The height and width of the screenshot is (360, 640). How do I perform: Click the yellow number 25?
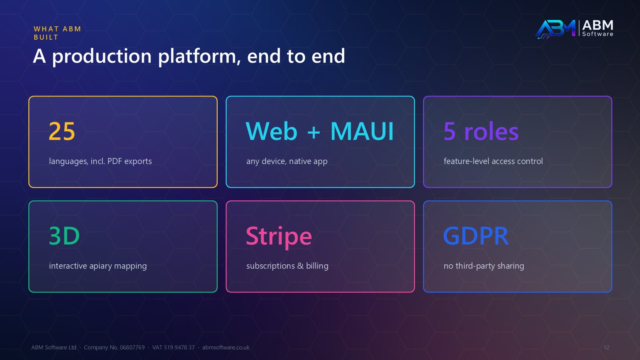[x=62, y=131]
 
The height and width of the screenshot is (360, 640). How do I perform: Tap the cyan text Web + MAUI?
[x=320, y=131]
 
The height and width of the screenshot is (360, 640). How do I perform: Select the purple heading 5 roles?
[x=481, y=131]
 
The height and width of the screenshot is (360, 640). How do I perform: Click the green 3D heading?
[x=64, y=236]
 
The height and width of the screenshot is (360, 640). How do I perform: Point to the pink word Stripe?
[x=279, y=236]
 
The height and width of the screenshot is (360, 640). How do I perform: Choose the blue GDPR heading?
[x=476, y=236]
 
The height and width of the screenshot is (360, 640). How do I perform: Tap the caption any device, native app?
[x=287, y=162]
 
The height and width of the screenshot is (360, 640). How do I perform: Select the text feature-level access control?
[x=493, y=161]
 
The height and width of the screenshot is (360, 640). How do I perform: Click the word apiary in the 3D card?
[x=100, y=266]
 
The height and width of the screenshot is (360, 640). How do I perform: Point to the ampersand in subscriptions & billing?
[x=300, y=266]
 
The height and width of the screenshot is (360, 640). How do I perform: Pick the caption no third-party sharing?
[x=484, y=266]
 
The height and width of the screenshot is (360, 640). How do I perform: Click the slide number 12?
[x=606, y=348]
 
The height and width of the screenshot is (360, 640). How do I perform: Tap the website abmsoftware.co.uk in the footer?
[x=226, y=348]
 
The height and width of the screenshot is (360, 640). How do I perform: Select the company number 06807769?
[x=132, y=348]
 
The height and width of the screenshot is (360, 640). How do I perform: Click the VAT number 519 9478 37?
[x=179, y=348]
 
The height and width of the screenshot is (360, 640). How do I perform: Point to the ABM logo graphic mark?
[x=556, y=29]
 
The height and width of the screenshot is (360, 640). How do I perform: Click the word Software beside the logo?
[x=598, y=34]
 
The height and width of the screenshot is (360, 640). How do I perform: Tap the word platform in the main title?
[x=197, y=56]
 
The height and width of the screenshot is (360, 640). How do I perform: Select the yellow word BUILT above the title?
[x=46, y=38]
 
